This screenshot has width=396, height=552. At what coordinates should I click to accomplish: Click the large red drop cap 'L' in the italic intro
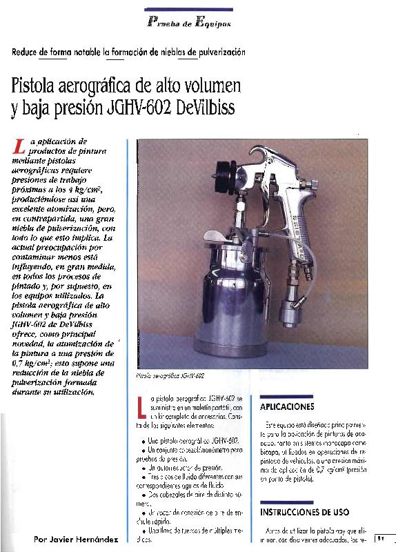(x=19, y=144)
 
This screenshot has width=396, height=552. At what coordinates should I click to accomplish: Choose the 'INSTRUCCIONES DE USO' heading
(x=304, y=513)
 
